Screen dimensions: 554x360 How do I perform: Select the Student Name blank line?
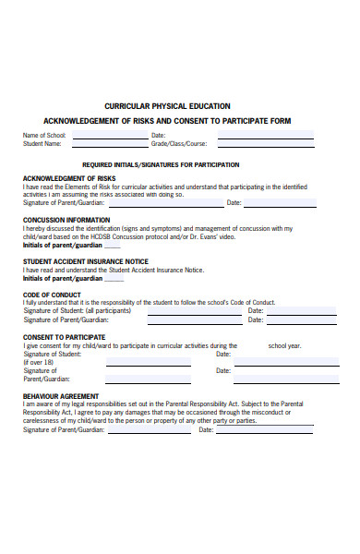coord(110,144)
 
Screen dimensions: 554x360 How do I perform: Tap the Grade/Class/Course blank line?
coord(266,144)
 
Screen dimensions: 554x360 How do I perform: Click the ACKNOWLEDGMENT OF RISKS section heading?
coord(69,178)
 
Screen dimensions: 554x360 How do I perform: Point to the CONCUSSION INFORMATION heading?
coord(66,220)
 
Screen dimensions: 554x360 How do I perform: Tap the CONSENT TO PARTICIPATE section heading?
coord(64,337)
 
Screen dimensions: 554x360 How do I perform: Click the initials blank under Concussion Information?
coord(112,247)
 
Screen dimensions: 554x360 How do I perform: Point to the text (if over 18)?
coord(39,363)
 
